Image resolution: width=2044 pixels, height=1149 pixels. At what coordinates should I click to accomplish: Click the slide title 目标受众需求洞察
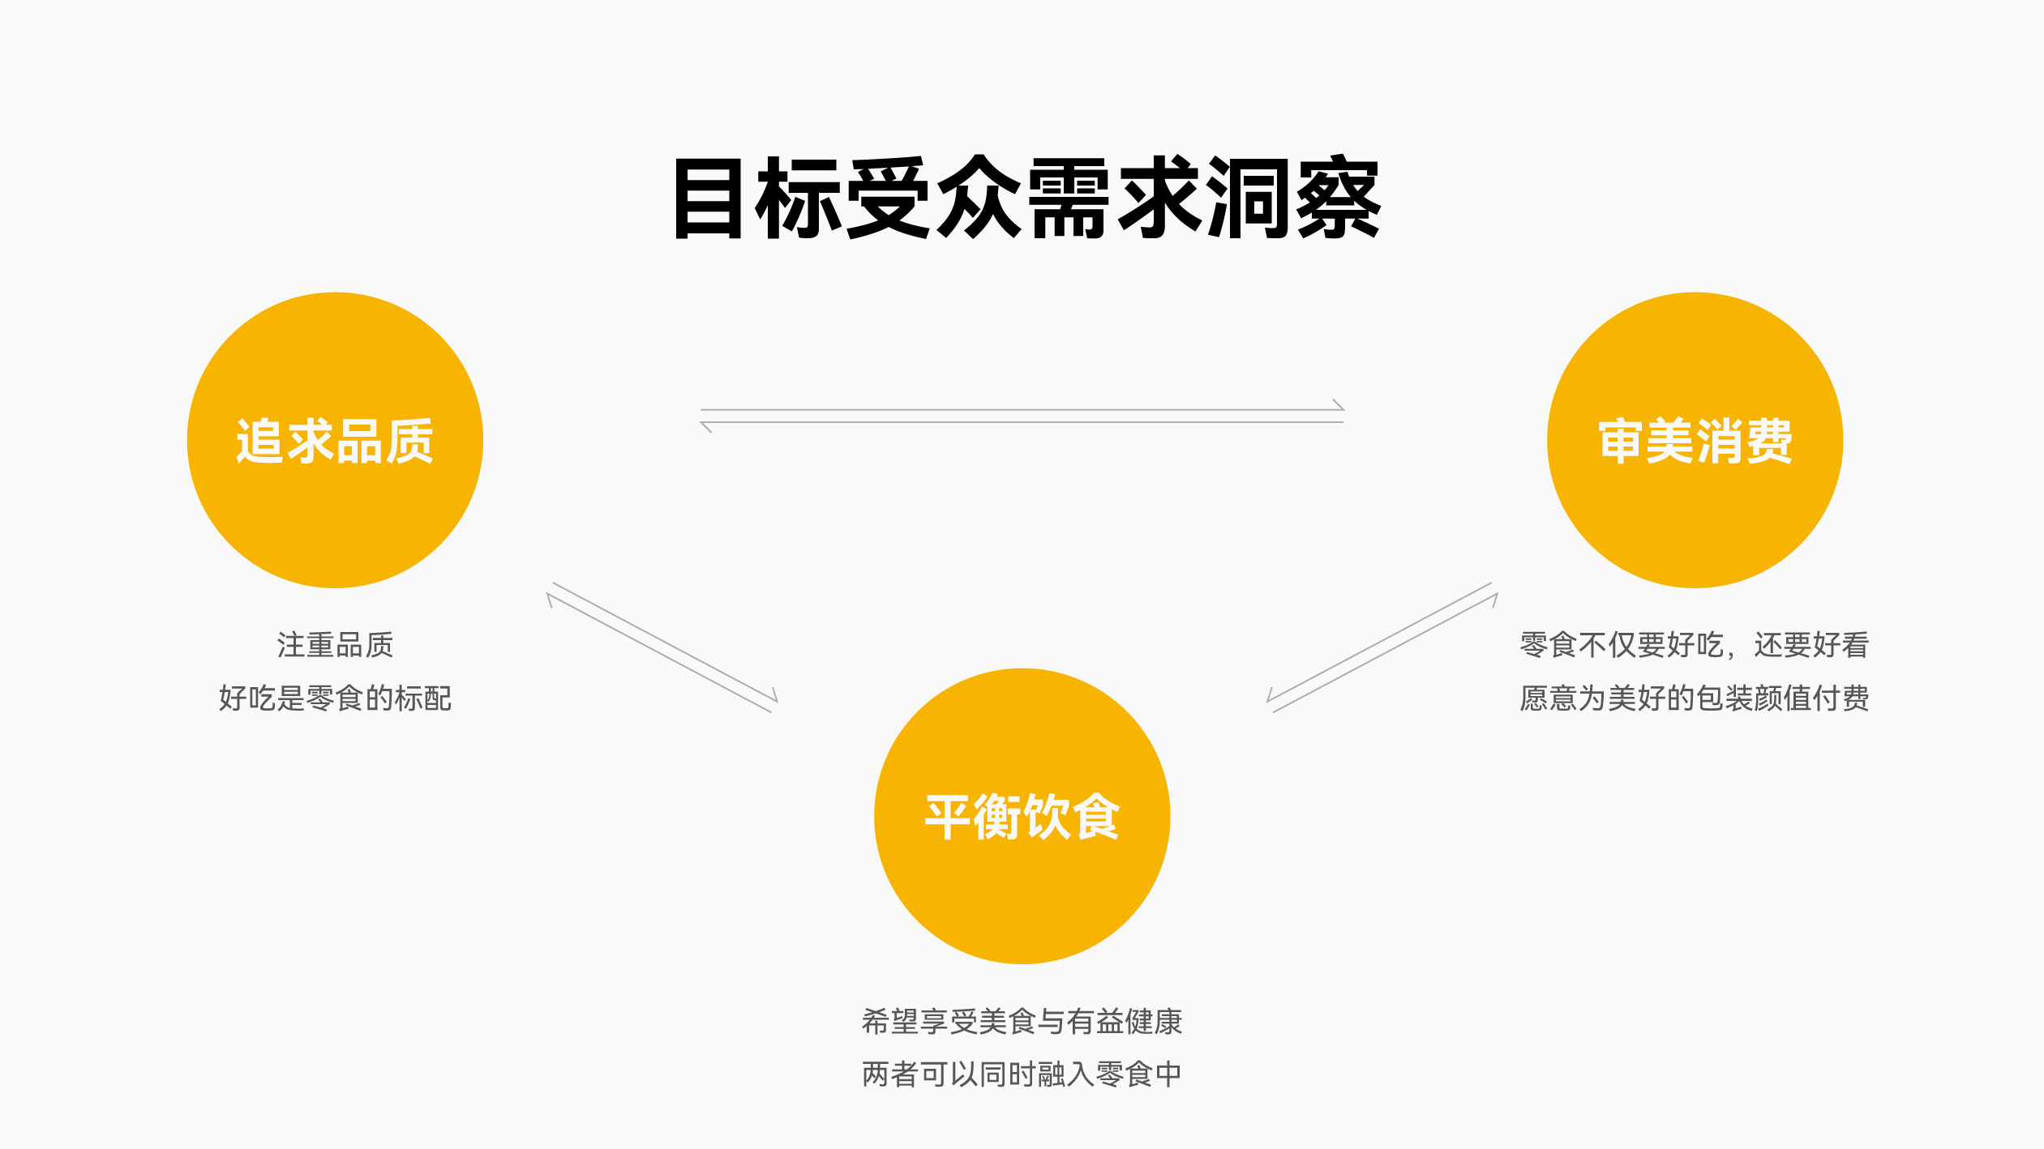pos(1026,199)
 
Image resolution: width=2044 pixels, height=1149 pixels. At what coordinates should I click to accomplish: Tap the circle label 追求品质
pos(335,442)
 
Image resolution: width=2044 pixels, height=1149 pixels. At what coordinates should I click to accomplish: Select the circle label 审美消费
pos(1695,442)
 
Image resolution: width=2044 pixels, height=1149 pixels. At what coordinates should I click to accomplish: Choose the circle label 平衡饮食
pos(1022,817)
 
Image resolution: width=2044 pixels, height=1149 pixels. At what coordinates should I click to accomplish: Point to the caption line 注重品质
pos(335,645)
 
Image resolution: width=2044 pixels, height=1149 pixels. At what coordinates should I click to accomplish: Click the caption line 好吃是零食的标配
pos(335,698)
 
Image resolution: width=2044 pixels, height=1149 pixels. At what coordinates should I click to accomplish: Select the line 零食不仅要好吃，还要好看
pos(1694,645)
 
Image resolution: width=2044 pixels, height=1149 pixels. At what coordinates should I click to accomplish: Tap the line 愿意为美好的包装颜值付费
pos(1694,698)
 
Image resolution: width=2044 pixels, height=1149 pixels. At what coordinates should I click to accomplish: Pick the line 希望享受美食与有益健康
pos(1022,1021)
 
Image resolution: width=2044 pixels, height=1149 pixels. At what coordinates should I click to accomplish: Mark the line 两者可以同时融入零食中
pos(1022,1074)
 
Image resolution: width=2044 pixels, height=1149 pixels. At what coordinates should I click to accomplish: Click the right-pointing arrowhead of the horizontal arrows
pos(1339,405)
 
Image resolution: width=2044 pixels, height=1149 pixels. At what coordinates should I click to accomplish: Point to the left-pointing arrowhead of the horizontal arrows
pos(706,426)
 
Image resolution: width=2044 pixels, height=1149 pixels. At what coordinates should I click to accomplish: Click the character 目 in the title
pos(709,199)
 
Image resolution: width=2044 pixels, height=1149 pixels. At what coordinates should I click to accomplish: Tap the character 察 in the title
pos(1338,199)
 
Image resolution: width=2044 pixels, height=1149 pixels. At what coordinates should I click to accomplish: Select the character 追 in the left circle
pos(259,442)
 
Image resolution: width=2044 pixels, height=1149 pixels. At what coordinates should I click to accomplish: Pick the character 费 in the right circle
pos(1768,442)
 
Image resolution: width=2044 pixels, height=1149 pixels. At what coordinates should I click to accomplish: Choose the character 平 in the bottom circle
pos(949,817)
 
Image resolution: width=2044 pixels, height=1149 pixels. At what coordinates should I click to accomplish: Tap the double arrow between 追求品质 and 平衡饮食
pos(662,647)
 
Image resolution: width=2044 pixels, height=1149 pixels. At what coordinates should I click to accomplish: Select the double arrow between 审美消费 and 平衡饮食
pos(1382,647)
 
